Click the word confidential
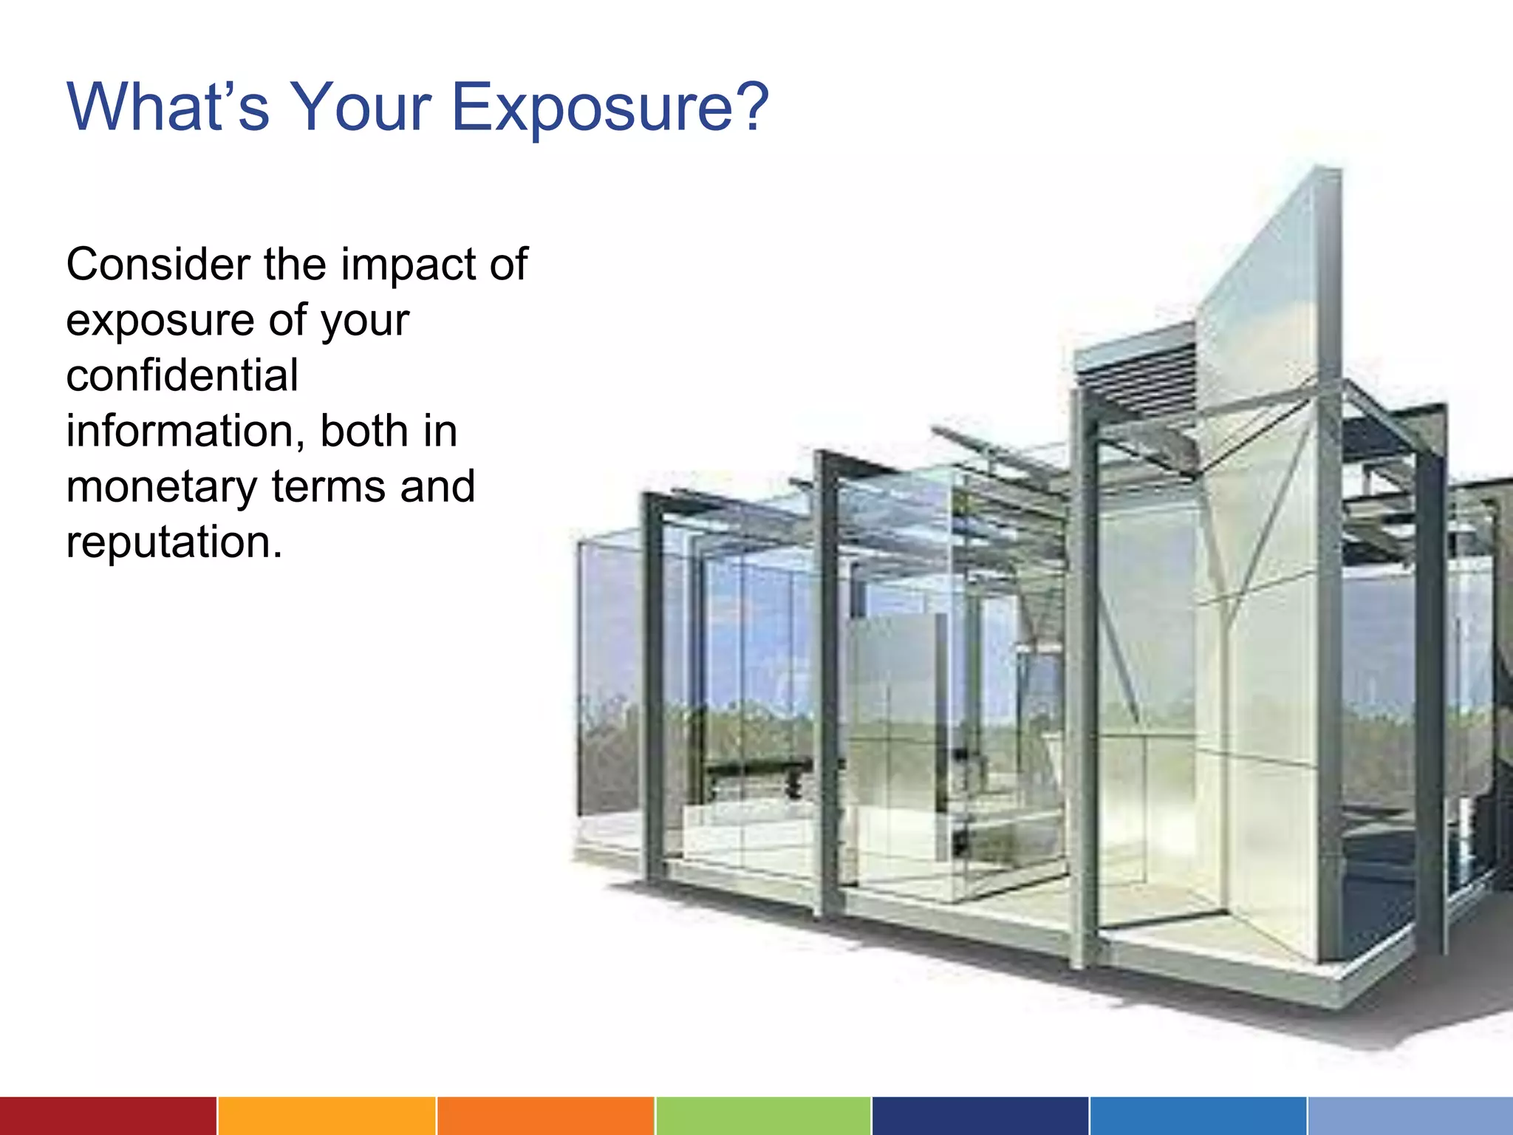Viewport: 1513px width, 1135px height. click(x=182, y=375)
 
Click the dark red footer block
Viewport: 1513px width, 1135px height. click(x=108, y=1116)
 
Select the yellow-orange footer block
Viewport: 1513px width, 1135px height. click(x=327, y=1116)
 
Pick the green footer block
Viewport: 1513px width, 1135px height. click(x=762, y=1116)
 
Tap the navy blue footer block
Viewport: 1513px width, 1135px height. click(x=980, y=1116)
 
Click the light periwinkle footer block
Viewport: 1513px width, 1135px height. click(x=1410, y=1116)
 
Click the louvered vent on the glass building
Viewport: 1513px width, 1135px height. click(x=1138, y=384)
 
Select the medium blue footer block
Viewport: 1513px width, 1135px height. click(x=1198, y=1116)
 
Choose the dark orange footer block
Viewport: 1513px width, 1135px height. click(x=545, y=1116)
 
